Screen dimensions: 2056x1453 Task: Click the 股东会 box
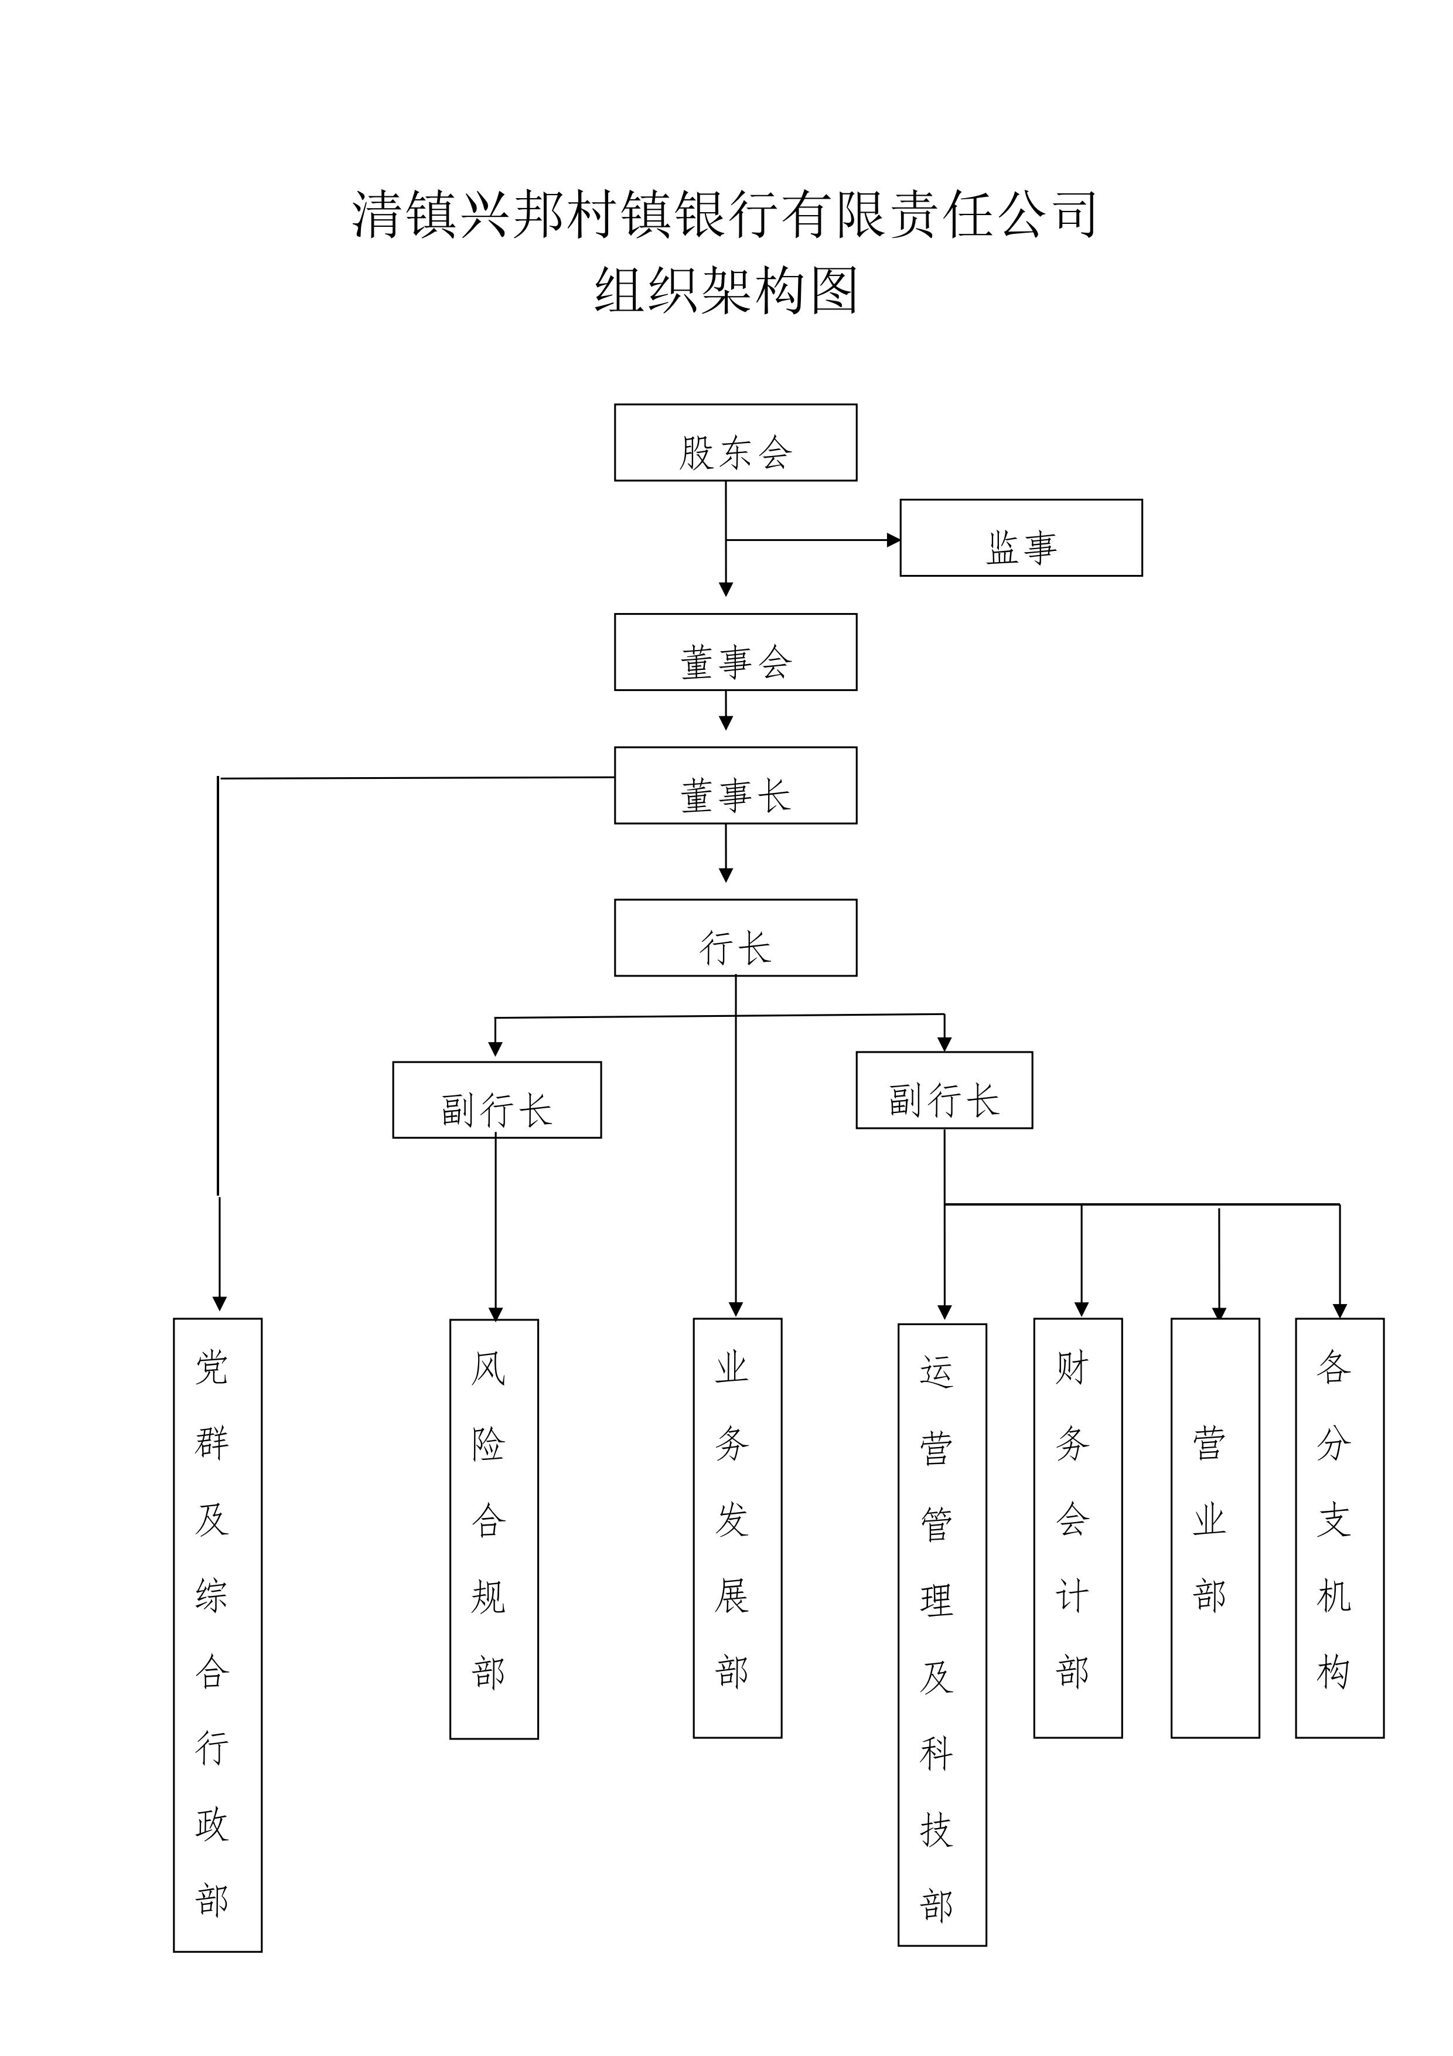[x=735, y=442]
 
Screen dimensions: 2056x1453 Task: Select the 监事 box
[x=1021, y=537]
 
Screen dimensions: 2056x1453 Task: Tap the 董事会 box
[x=735, y=652]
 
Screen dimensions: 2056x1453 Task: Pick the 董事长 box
[x=735, y=785]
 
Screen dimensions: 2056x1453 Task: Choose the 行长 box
[x=735, y=938]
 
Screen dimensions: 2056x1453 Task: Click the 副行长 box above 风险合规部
[x=497, y=1100]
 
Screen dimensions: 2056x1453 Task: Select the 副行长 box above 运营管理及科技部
[x=944, y=1090]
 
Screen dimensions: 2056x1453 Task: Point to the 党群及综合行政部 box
[x=217, y=1634]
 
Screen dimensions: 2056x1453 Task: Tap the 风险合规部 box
[x=493, y=1529]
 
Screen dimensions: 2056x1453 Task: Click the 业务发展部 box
[x=737, y=1528]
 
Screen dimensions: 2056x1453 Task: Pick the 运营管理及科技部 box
[x=942, y=1634]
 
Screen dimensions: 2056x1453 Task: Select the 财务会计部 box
[x=1077, y=1528]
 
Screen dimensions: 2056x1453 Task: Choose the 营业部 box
[x=1215, y=1528]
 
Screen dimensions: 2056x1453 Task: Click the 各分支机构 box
[x=1339, y=1528]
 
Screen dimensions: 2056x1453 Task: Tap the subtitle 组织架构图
[x=726, y=291]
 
